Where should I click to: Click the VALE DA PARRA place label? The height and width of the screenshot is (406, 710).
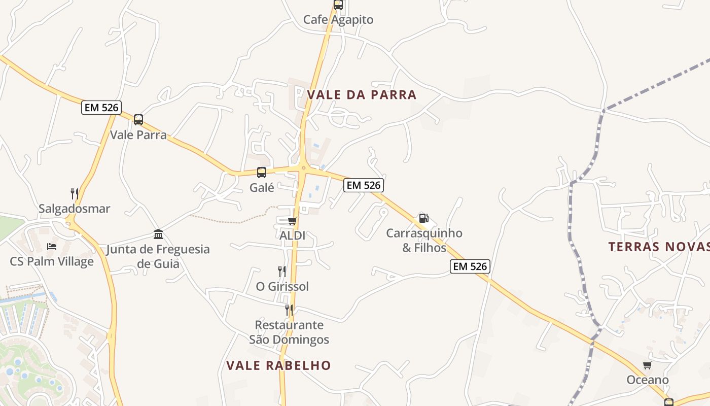pyautogui.click(x=362, y=94)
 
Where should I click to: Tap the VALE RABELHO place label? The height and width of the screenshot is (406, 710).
pyautogui.click(x=278, y=365)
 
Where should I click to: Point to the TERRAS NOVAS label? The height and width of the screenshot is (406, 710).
pyautogui.click(x=659, y=247)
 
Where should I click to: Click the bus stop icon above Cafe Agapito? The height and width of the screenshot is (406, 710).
pyautogui.click(x=338, y=5)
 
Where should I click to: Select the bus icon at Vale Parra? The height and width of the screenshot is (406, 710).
pyautogui.click(x=138, y=120)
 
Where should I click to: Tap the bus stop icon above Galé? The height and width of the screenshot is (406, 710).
pyautogui.click(x=262, y=173)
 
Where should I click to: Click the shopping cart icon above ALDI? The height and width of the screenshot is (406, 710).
pyautogui.click(x=292, y=221)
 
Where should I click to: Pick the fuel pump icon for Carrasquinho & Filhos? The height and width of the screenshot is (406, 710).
pyautogui.click(x=423, y=218)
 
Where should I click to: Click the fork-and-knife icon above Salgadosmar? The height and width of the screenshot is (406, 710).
pyautogui.click(x=75, y=193)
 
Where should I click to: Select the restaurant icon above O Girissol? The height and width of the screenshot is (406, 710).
pyautogui.click(x=282, y=272)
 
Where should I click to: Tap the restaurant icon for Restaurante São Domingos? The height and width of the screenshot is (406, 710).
pyautogui.click(x=289, y=310)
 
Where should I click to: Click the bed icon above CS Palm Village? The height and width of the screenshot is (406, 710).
pyautogui.click(x=52, y=247)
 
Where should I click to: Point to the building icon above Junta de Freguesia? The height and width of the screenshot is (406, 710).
pyautogui.click(x=158, y=234)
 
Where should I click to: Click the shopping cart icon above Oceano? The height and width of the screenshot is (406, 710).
pyautogui.click(x=647, y=365)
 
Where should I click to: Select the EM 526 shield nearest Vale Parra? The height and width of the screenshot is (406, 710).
pyautogui.click(x=101, y=108)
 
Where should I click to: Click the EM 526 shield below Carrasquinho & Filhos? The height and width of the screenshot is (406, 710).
pyautogui.click(x=470, y=266)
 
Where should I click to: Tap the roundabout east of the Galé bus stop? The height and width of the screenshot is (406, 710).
pyautogui.click(x=303, y=168)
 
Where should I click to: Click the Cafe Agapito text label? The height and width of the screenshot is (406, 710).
pyautogui.click(x=338, y=20)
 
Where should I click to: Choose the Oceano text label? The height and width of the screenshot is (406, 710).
pyautogui.click(x=648, y=380)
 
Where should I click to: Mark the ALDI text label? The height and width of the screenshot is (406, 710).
pyautogui.click(x=293, y=236)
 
